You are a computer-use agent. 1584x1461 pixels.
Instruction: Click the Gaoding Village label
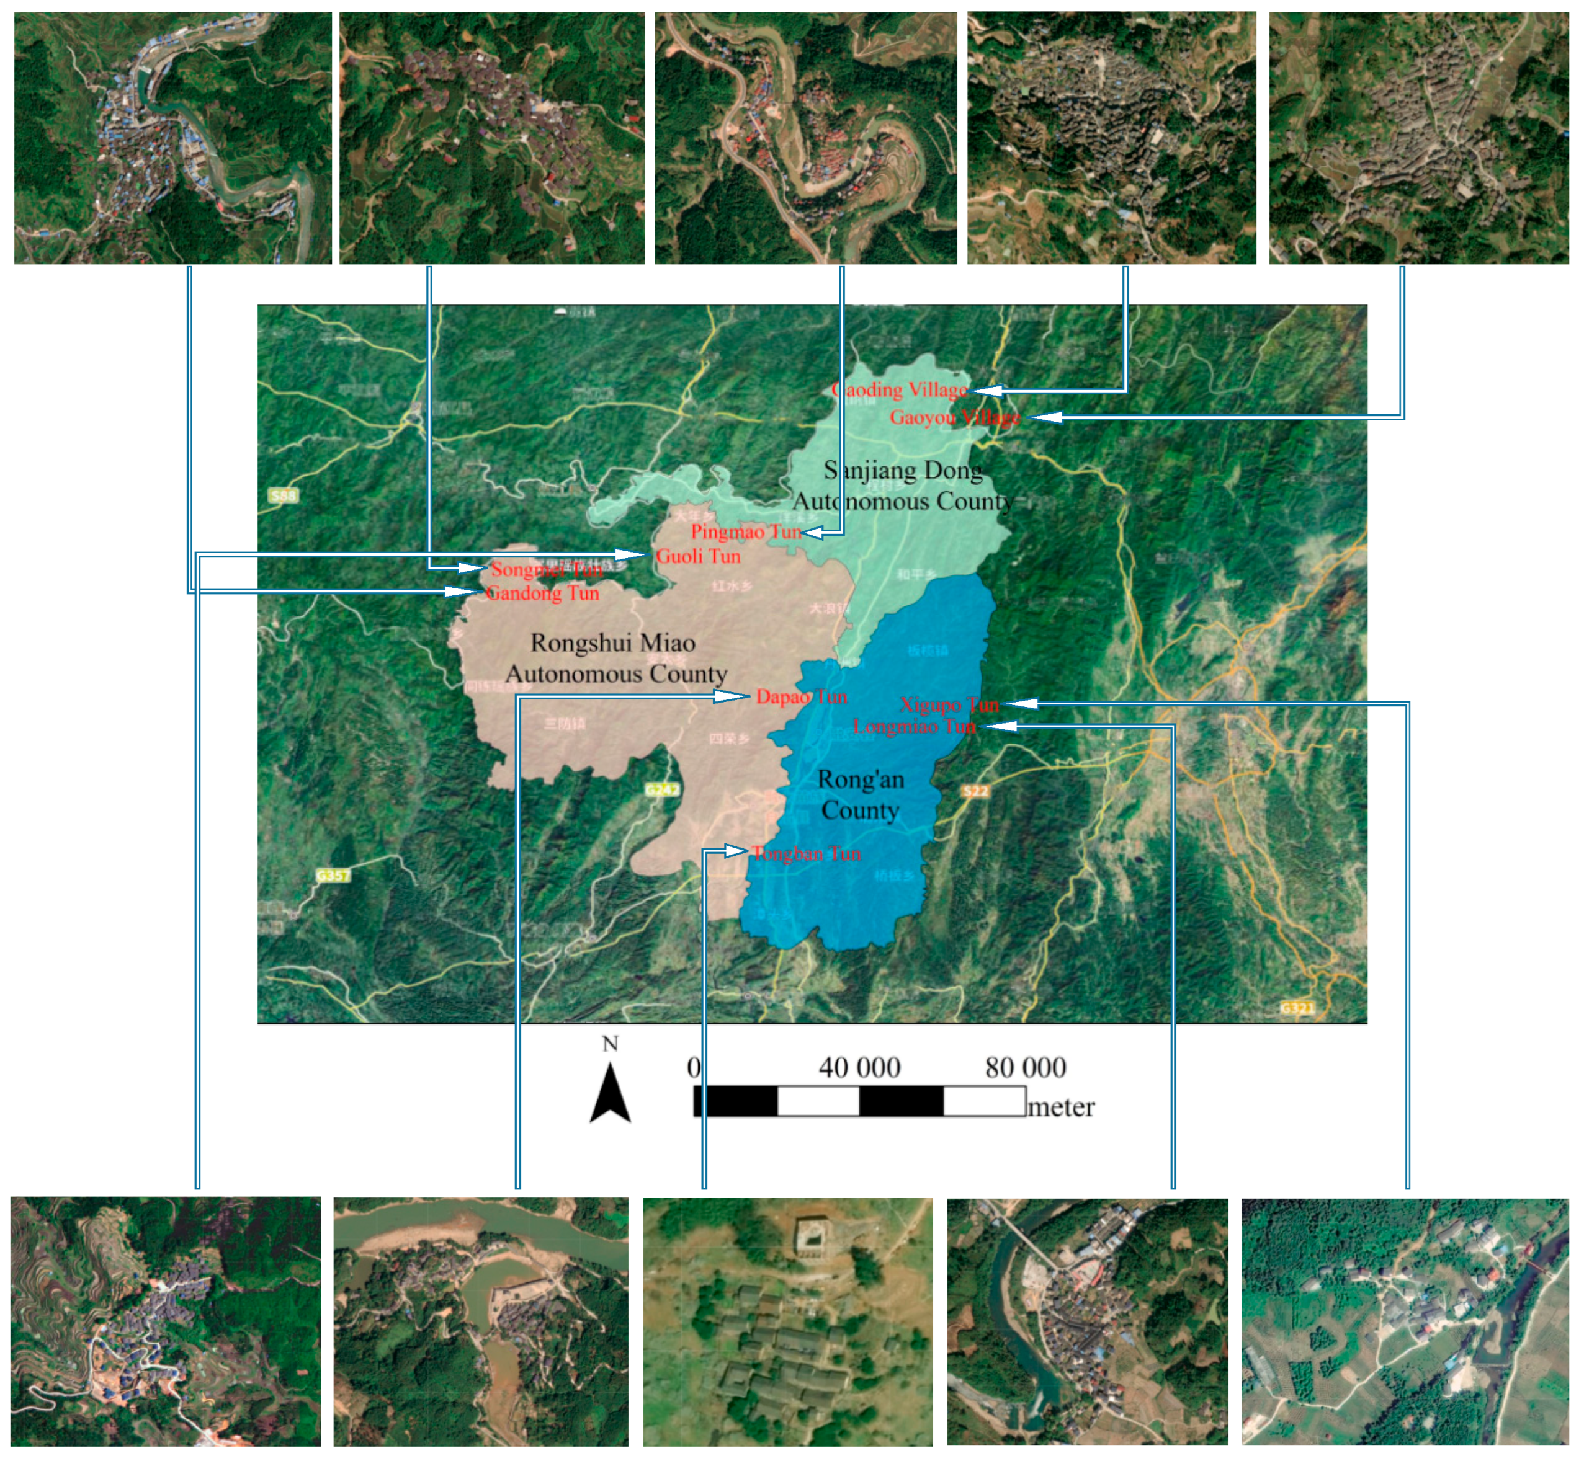[x=899, y=390]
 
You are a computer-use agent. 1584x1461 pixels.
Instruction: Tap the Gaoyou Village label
[x=954, y=417]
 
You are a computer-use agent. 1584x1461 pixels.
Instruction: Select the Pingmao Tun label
[x=745, y=531]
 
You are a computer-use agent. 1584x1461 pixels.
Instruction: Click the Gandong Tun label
[x=542, y=593]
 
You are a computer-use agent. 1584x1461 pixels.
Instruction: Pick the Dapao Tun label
[x=800, y=696]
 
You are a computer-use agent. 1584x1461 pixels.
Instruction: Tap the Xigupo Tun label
[x=949, y=704]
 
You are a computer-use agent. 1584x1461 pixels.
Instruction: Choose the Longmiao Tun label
[x=913, y=726]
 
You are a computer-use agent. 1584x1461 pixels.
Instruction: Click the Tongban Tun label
[x=805, y=853]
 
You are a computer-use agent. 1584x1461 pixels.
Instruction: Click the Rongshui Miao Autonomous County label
[x=614, y=658]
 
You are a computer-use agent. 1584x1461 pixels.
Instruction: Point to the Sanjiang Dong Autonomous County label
[x=903, y=486]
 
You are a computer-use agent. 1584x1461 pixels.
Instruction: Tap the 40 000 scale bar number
[x=859, y=1068]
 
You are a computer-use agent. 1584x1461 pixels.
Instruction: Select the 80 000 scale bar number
[x=1025, y=1068]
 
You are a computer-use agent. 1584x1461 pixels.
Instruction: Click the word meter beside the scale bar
[x=1060, y=1107]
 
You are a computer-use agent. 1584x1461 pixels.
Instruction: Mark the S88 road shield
[x=283, y=495]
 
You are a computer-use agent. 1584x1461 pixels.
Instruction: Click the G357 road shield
[x=332, y=875]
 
